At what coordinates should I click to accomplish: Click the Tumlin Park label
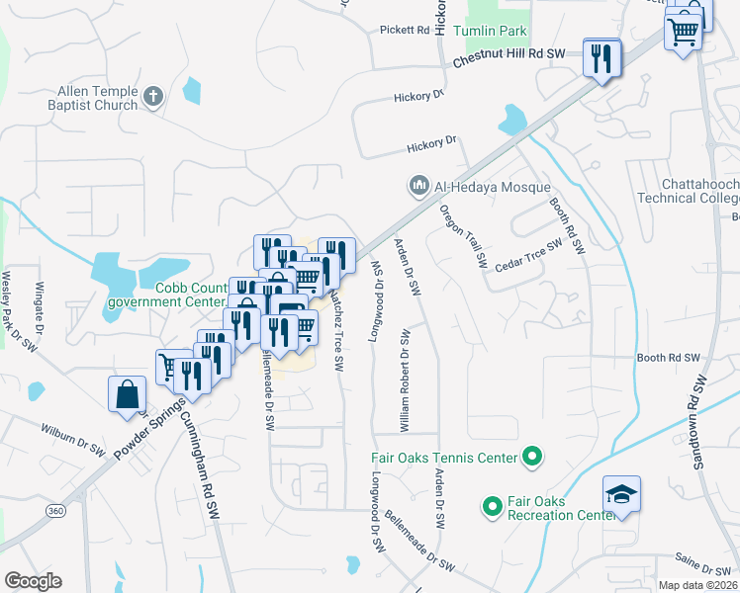pos(490,31)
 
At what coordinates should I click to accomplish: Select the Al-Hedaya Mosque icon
pos(418,185)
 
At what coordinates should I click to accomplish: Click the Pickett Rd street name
pos(405,31)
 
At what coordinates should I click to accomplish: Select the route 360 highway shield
pos(55,509)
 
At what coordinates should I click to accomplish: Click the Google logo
pos(33,581)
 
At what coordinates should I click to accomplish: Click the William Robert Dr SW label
pos(405,381)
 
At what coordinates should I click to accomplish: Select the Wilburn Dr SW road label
pos(72,439)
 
